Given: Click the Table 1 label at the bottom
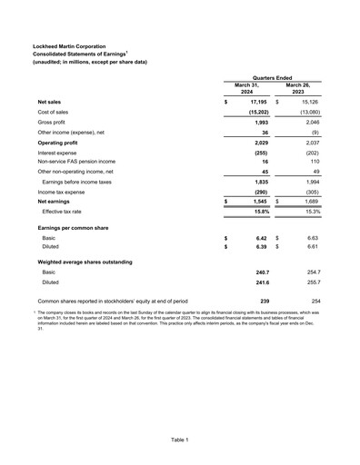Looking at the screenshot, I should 180,440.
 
